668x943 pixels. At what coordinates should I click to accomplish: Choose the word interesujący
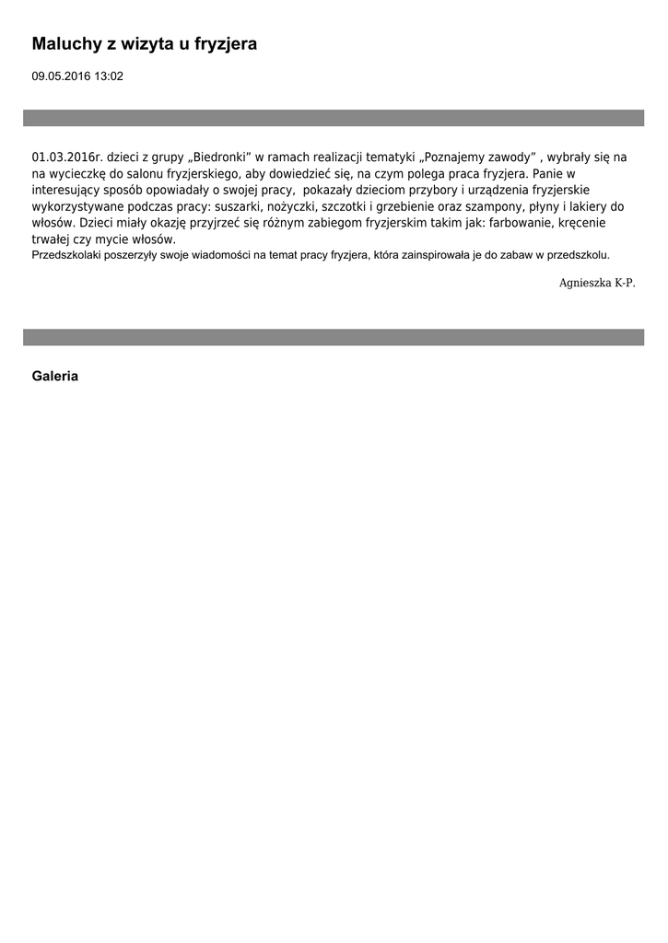[71, 190]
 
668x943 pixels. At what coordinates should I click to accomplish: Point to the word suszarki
[239, 206]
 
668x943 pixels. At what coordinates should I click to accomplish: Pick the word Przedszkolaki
[66, 255]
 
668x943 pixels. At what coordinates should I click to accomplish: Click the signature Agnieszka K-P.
[597, 283]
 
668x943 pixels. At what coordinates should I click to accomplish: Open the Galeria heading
[55, 376]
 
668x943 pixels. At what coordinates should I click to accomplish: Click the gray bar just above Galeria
[334, 337]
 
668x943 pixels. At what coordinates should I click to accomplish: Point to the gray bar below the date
[334, 118]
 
